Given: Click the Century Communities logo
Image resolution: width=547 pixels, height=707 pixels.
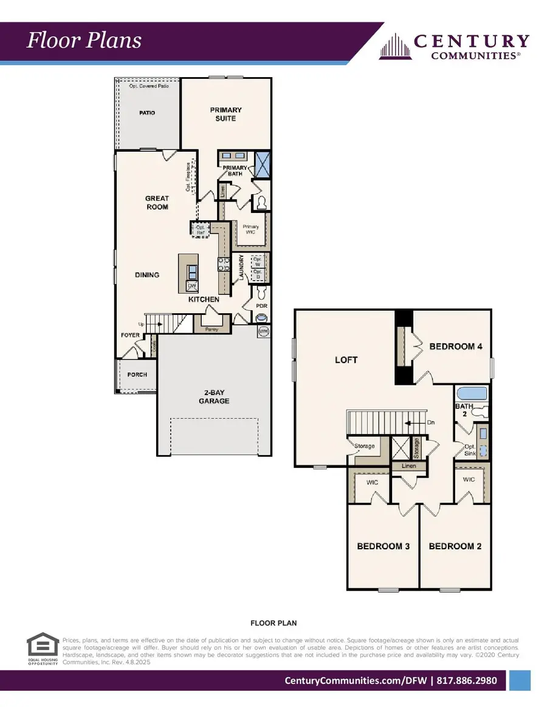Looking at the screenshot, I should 454,46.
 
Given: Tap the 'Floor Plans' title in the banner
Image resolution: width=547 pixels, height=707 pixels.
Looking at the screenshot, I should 84,41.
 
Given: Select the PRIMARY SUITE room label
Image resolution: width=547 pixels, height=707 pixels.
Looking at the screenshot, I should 225,114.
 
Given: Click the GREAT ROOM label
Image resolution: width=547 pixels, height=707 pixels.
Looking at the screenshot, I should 156,203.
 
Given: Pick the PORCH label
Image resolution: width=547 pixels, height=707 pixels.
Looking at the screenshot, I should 137,374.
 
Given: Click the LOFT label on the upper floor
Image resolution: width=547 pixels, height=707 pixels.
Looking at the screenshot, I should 346,360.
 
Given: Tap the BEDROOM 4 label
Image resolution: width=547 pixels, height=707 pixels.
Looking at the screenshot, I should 456,347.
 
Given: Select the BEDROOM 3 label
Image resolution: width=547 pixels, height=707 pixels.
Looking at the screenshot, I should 383,546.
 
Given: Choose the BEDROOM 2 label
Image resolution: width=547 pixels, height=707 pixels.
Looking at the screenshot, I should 455,546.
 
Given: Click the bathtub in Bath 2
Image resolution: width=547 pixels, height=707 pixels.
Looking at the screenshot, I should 472,393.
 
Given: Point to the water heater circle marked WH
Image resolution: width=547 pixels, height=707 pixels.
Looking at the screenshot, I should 264,331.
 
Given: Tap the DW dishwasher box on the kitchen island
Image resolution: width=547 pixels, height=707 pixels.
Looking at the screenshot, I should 191,285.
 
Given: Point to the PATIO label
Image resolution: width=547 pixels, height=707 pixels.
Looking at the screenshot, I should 147,113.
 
